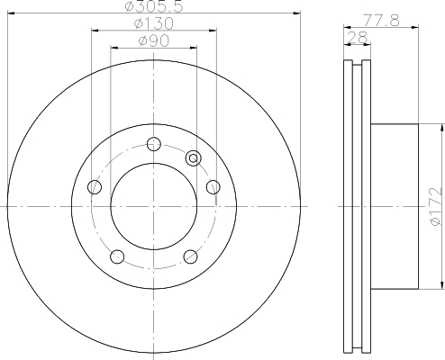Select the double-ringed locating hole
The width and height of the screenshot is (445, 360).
click(192, 158)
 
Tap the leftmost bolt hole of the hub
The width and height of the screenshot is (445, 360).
click(94, 187)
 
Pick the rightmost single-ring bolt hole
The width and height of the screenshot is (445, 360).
click(213, 186)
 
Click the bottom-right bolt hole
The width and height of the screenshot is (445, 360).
click(190, 256)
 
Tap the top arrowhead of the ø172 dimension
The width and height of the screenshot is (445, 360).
click(442, 128)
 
